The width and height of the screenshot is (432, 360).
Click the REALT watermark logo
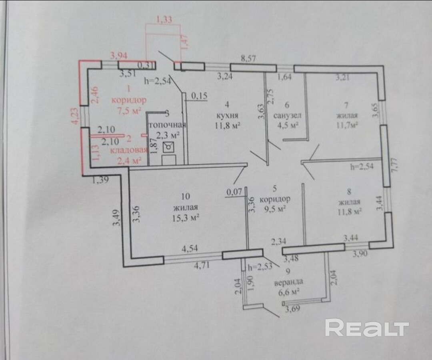(x=367, y=328)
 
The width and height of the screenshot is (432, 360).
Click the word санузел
(x=287, y=115)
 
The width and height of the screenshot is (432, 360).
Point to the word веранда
(x=288, y=282)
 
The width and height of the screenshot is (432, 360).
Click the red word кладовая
(x=129, y=150)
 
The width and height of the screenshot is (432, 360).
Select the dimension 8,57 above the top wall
(x=248, y=59)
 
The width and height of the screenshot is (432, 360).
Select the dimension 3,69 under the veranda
(x=292, y=308)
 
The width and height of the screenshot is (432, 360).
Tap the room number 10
(x=185, y=196)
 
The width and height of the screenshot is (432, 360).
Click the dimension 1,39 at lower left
(x=100, y=181)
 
